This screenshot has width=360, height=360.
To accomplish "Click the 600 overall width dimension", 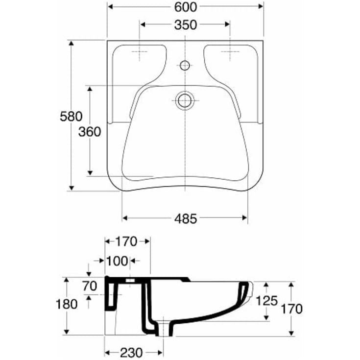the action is click(x=186, y=7).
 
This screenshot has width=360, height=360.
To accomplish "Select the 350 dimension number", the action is click(x=186, y=25).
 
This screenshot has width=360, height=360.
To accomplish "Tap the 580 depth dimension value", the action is click(x=71, y=116).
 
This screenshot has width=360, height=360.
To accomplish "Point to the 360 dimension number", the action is click(x=90, y=132).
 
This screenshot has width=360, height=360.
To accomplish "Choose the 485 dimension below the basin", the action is click(x=186, y=218).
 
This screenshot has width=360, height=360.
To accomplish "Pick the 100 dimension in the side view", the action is click(x=117, y=261).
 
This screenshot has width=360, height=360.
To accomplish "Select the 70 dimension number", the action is click(x=90, y=286).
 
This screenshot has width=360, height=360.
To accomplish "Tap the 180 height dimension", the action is click(x=67, y=305).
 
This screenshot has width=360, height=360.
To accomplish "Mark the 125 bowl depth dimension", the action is click(x=267, y=301).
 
